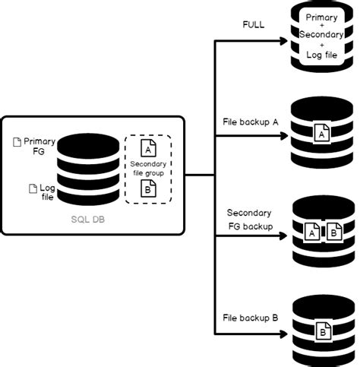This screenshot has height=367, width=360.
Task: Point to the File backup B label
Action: (250, 317)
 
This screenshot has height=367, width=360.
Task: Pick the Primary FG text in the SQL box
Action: (40, 147)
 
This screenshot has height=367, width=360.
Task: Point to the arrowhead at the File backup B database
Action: (284, 332)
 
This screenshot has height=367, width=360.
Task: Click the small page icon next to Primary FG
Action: (17, 142)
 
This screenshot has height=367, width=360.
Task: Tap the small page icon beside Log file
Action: (32, 188)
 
